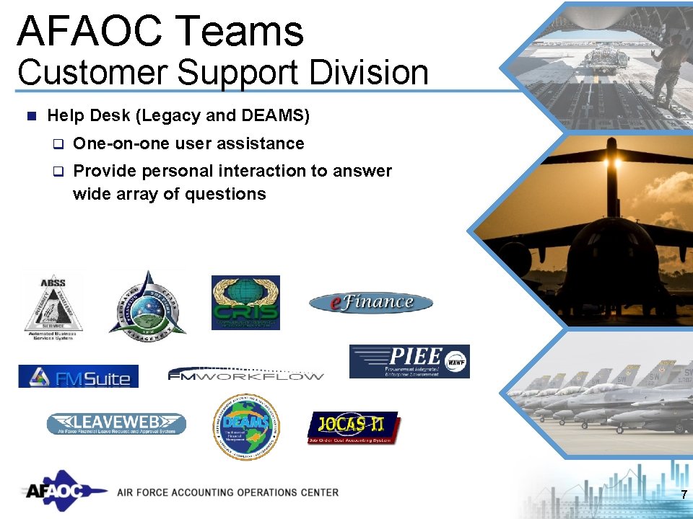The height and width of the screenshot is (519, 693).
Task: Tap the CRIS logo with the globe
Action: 245,303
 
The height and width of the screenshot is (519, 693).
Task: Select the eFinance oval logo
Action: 371,303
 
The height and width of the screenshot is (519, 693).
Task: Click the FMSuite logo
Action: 78,376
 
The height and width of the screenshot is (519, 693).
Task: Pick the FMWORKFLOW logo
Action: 245,374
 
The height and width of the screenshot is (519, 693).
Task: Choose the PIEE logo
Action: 409,361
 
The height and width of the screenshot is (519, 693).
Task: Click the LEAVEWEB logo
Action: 116,423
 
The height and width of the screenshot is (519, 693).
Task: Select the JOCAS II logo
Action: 353,428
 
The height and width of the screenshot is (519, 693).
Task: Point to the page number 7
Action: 683,494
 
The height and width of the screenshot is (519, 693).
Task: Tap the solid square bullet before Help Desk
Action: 30,115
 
